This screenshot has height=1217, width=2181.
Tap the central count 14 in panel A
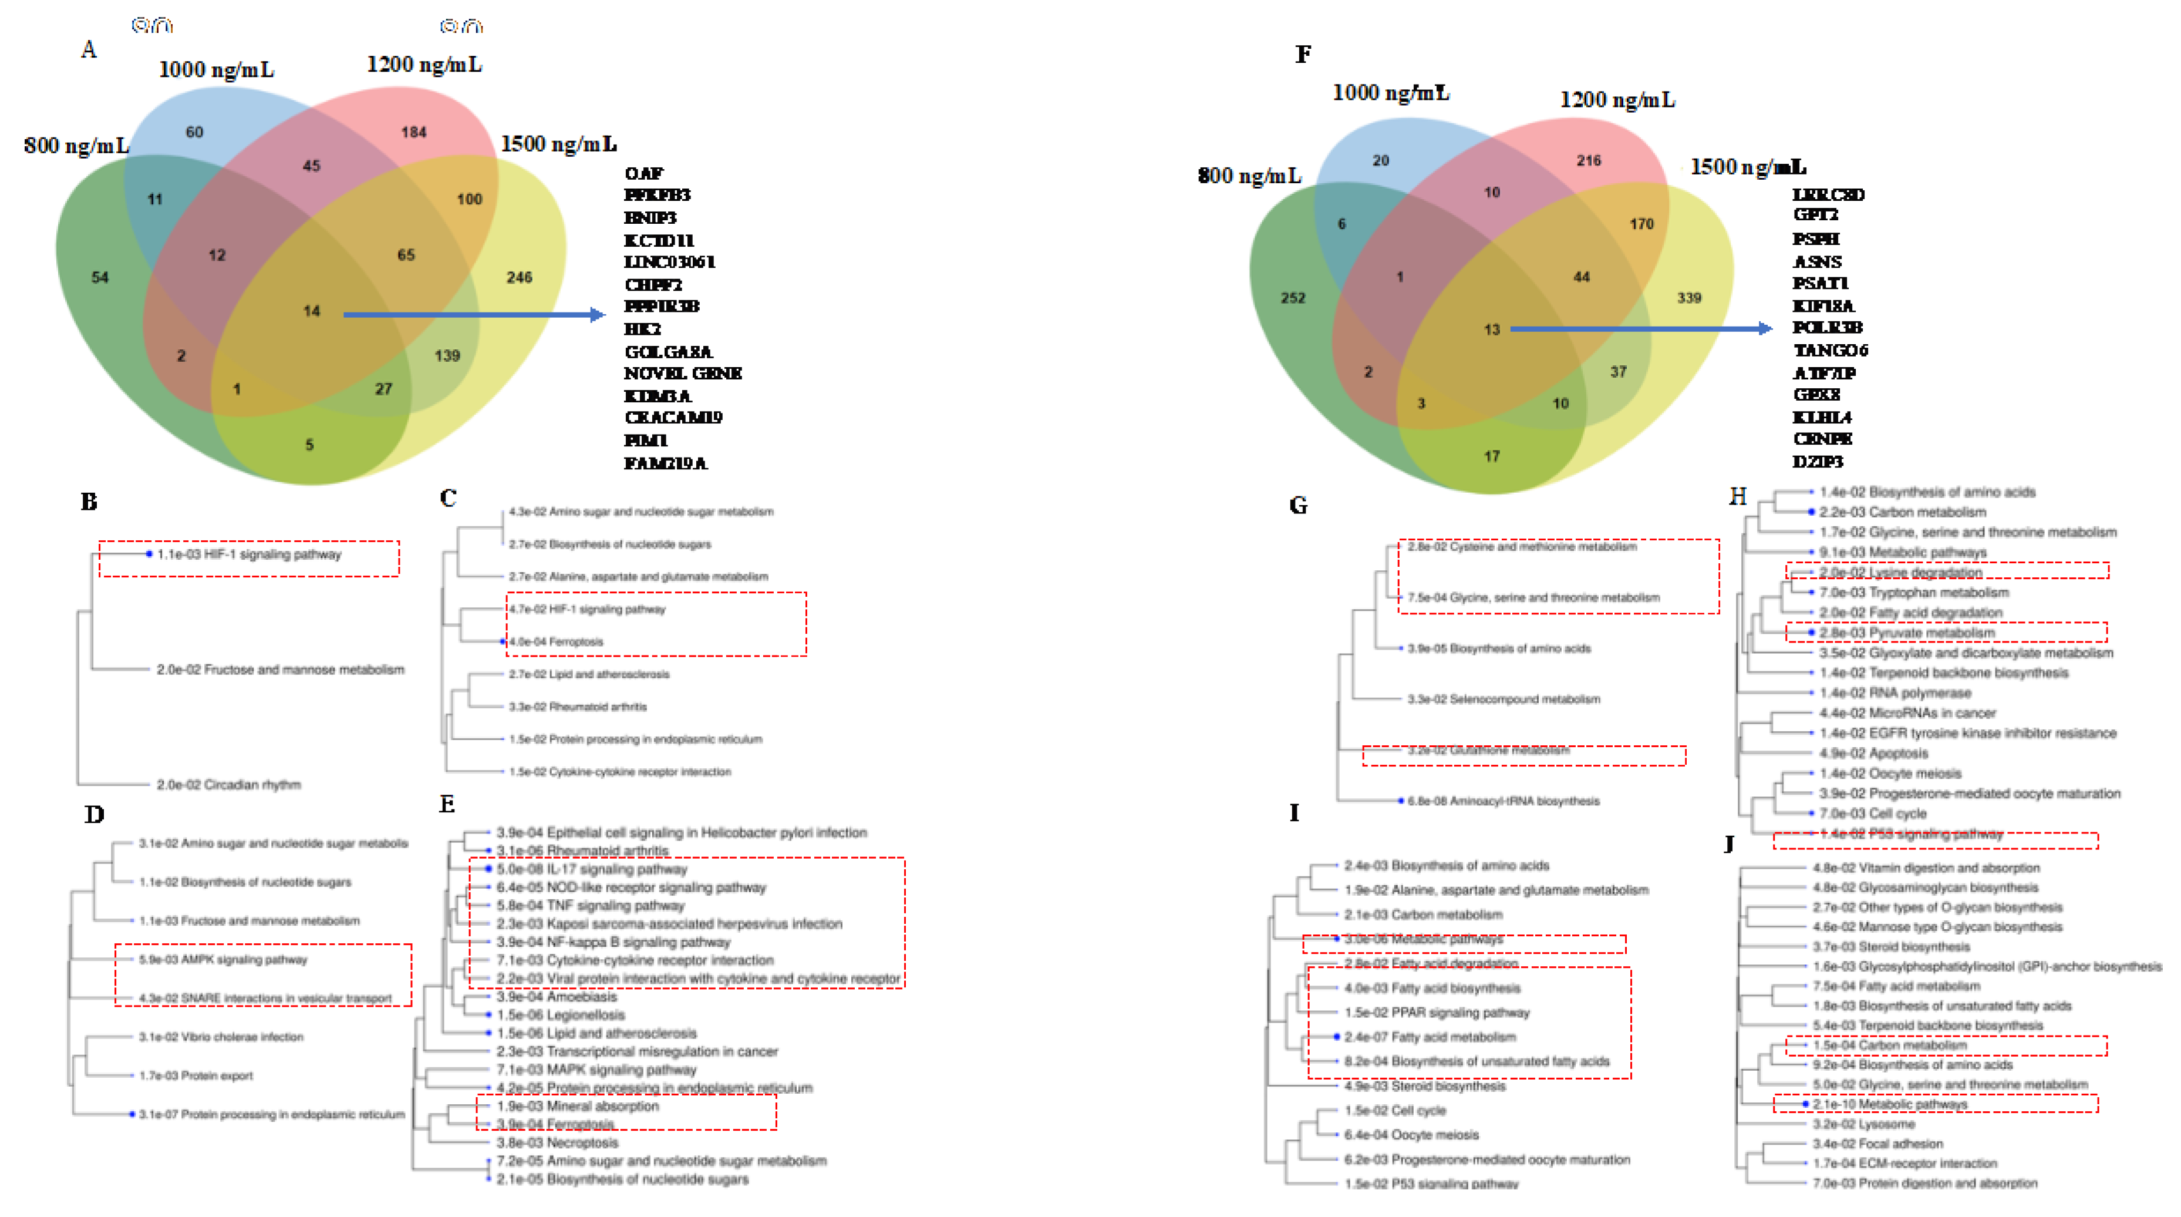click(x=312, y=311)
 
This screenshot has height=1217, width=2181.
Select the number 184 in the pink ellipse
click(x=413, y=132)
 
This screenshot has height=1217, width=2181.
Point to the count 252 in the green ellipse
click(x=1292, y=298)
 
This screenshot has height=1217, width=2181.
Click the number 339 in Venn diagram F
click(x=1688, y=298)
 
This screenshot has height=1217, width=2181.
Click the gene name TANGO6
click(x=1830, y=350)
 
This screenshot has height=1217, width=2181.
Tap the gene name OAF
click(x=643, y=174)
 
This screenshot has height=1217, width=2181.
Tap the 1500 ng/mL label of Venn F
click(x=1748, y=167)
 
